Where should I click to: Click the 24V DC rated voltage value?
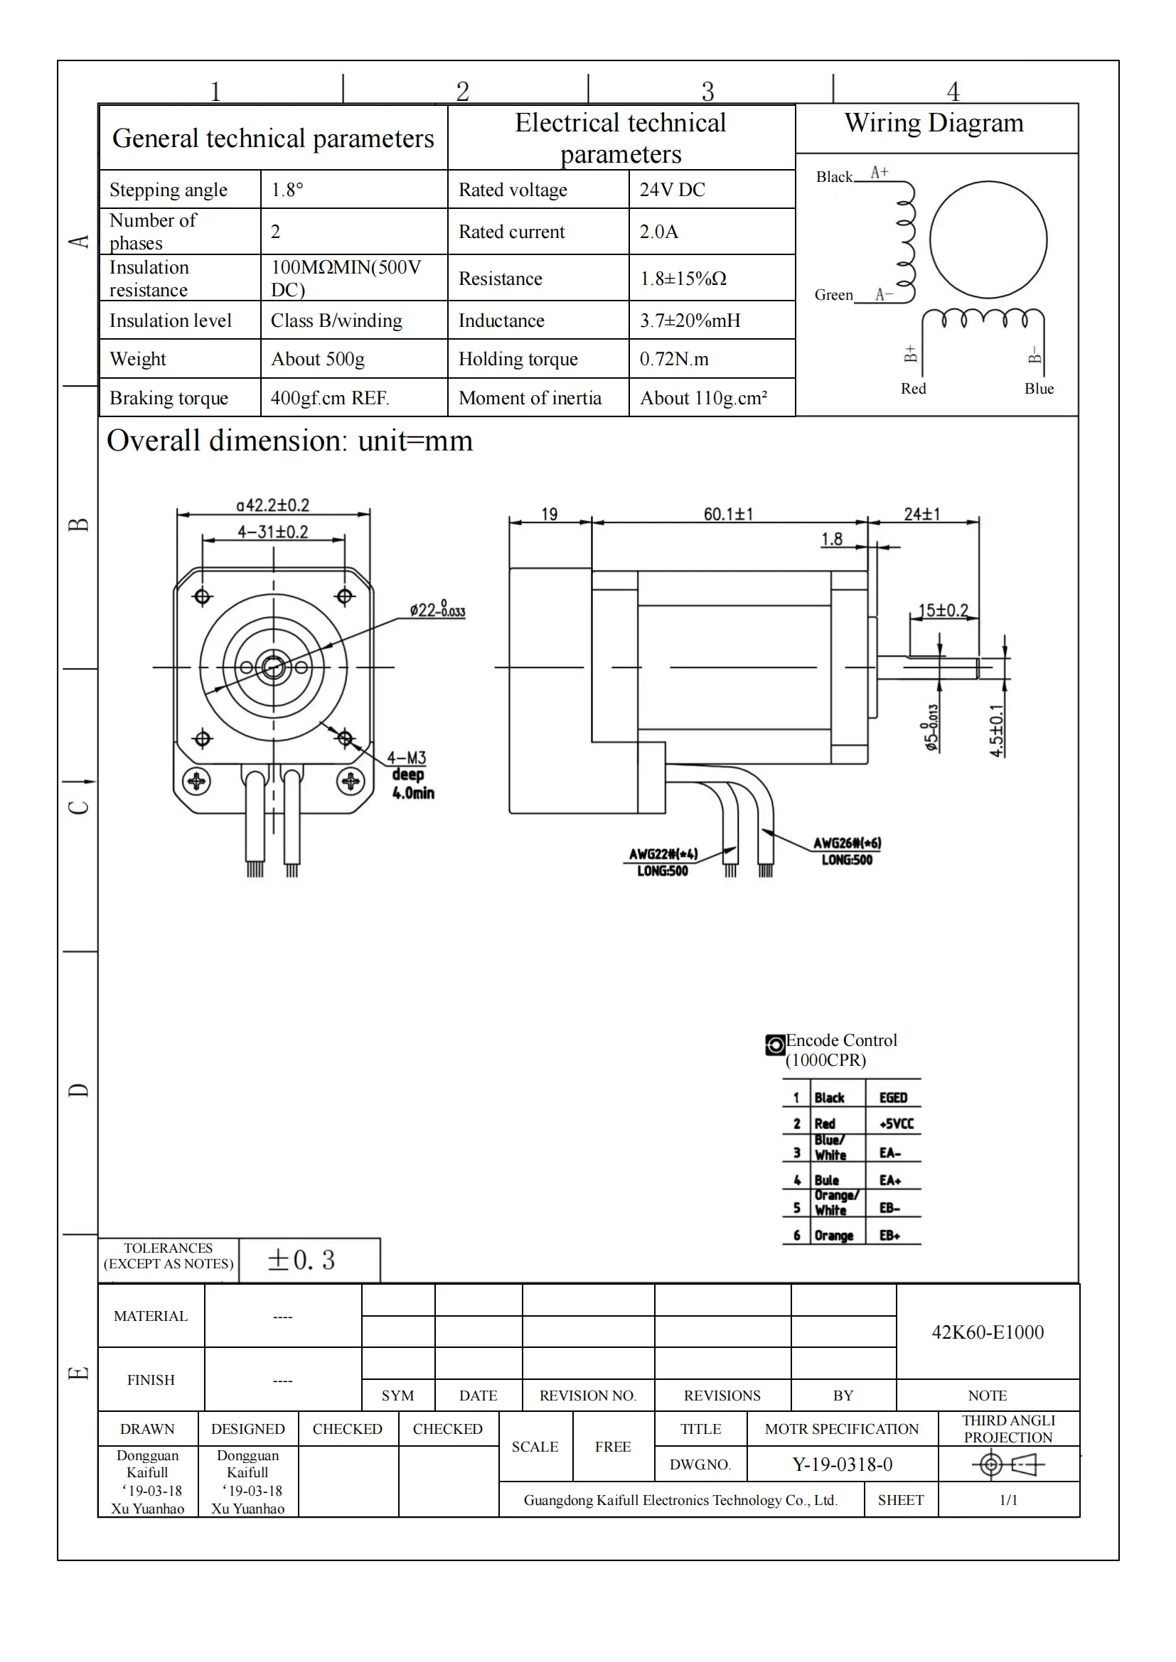pyautogui.click(x=672, y=190)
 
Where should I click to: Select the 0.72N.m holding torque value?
pyautogui.click(x=673, y=359)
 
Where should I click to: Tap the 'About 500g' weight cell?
pyautogui.click(x=317, y=359)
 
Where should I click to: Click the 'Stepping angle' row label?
pyautogui.click(x=168, y=190)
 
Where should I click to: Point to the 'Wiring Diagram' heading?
pyautogui.click(x=934, y=123)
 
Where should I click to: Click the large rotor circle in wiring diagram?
pyautogui.click(x=988, y=239)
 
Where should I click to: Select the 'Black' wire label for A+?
pyautogui.click(x=834, y=177)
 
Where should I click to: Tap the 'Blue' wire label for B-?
pyautogui.click(x=1038, y=389)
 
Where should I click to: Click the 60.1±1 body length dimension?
pyautogui.click(x=728, y=514)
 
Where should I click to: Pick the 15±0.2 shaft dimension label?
pyautogui.click(x=943, y=610)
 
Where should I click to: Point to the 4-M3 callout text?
pyautogui.click(x=406, y=758)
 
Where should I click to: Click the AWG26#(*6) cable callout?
pyautogui.click(x=847, y=843)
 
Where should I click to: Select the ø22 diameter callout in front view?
pyautogui.click(x=437, y=610)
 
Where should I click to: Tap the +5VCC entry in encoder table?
pyautogui.click(x=896, y=1123)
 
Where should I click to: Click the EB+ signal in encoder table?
pyautogui.click(x=889, y=1235)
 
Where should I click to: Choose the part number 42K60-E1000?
pyautogui.click(x=987, y=1332)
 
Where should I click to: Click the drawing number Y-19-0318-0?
pyautogui.click(x=842, y=1464)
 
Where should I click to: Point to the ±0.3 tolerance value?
pyautogui.click(x=301, y=1261)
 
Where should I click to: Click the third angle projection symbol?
pyautogui.click(x=1007, y=1465)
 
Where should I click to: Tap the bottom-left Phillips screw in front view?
pyautogui.click(x=196, y=781)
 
